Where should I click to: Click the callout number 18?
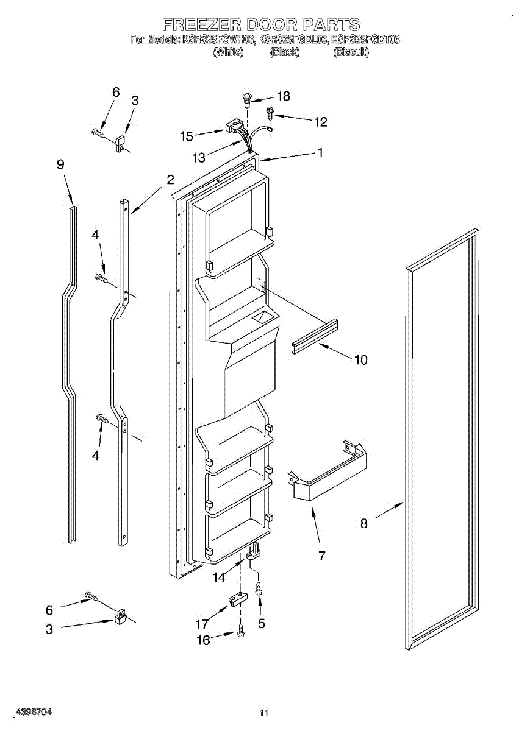click(x=284, y=96)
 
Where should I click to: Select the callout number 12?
click(x=321, y=122)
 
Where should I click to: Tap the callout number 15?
click(x=187, y=136)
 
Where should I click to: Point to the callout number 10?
click(x=361, y=359)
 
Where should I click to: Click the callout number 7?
click(x=322, y=556)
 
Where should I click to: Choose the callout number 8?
click(x=364, y=523)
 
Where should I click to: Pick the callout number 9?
click(x=60, y=164)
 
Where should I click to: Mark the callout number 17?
click(x=202, y=624)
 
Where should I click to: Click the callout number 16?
click(x=203, y=640)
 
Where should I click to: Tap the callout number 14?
click(x=218, y=577)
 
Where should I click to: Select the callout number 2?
click(x=171, y=179)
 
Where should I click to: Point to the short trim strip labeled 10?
click(x=315, y=337)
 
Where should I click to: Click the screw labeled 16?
click(x=241, y=632)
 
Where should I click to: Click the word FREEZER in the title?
click(x=200, y=24)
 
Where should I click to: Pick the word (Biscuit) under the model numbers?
click(x=351, y=52)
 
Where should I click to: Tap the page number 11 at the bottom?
click(x=264, y=713)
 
